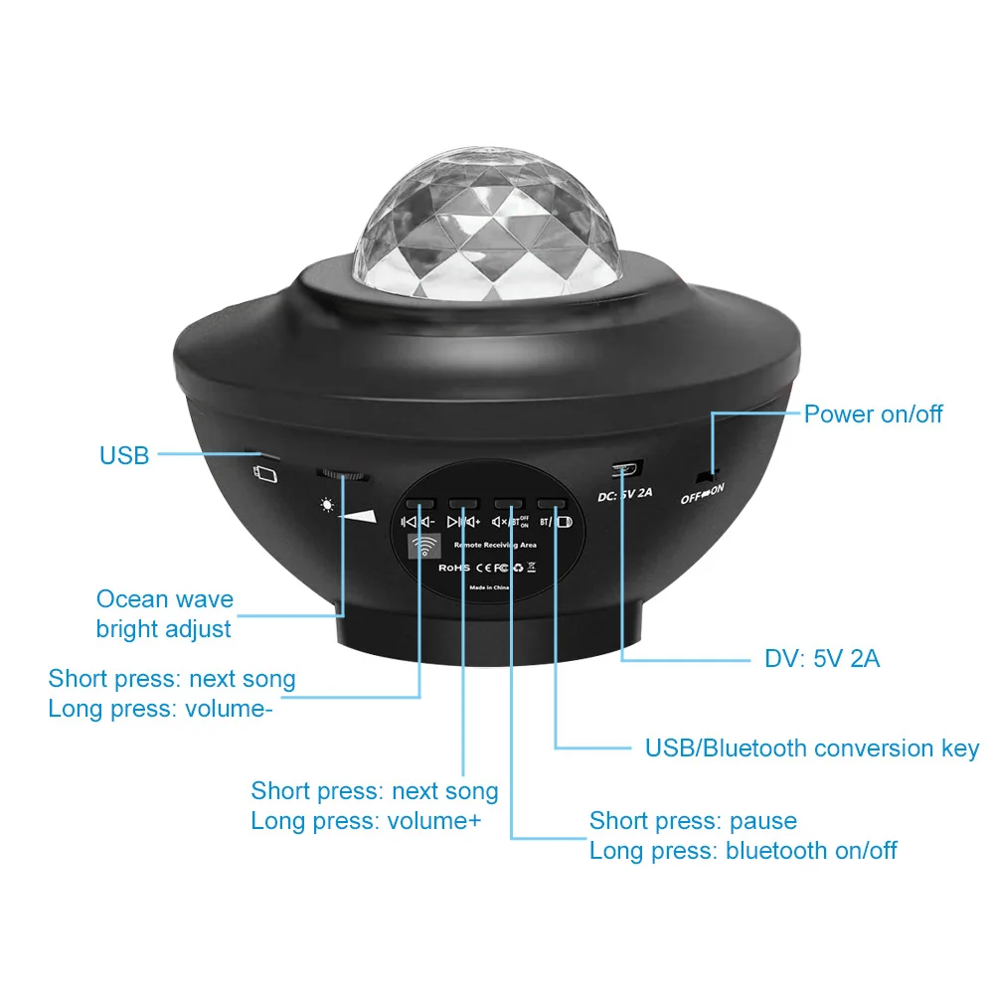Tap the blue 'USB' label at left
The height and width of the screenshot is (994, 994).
click(124, 455)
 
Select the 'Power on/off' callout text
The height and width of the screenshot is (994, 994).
click(873, 414)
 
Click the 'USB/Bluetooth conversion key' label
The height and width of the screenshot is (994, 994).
click(812, 748)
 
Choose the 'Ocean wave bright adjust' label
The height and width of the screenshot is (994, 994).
click(165, 614)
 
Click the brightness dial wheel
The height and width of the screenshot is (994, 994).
click(343, 475)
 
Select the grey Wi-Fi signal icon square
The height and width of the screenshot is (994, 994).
click(424, 547)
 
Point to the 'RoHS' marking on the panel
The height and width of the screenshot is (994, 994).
click(453, 568)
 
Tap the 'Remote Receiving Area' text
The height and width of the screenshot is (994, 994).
click(495, 546)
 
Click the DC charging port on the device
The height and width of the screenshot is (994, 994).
click(626, 467)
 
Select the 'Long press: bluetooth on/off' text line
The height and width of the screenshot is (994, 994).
click(743, 851)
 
